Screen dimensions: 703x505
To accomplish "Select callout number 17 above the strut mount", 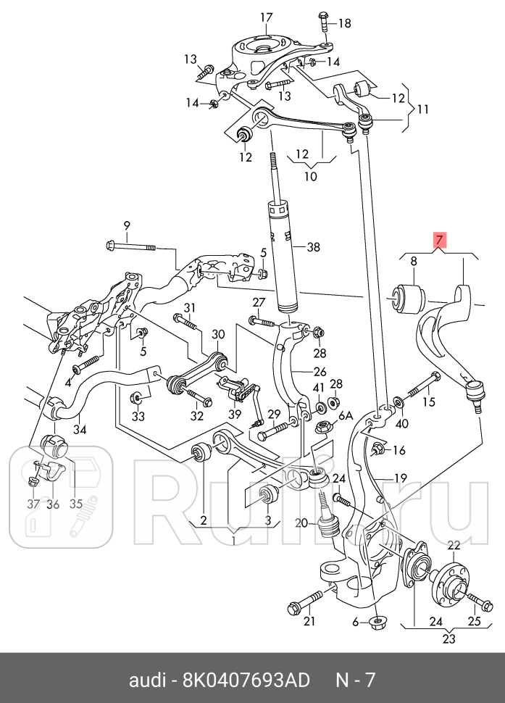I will pos(267,17).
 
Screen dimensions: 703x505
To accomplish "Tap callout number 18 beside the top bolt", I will pos(343,23).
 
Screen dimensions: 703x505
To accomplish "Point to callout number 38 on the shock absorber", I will pos(313,247).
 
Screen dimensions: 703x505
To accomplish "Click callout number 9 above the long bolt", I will pos(127,225).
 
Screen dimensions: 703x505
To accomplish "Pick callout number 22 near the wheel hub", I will pos(454,546).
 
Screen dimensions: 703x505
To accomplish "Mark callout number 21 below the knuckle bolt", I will pos(309,620).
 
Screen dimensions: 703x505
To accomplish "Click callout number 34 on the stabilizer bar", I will pos(80,429).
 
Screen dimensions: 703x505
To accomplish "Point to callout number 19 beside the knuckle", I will pos(401,478).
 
